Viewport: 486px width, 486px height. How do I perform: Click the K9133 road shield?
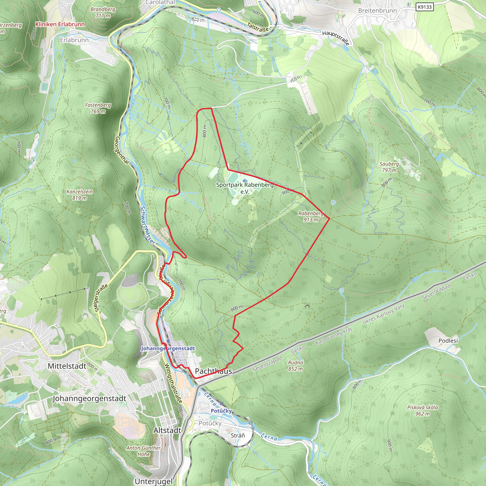click(425, 7)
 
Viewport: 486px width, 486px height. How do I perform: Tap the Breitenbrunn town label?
click(377, 11)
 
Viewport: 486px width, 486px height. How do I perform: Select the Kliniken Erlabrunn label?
click(60, 24)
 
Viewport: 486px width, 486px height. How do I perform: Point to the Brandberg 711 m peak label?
click(103, 12)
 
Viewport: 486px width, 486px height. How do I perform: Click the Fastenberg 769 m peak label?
click(98, 108)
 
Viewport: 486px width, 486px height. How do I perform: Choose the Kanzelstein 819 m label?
click(79, 195)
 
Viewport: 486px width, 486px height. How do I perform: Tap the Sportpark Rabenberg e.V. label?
click(245, 188)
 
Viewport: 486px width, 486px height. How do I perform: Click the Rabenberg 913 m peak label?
click(311, 216)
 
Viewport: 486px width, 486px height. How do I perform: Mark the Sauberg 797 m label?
click(389, 167)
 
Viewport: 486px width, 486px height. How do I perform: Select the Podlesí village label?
click(448, 341)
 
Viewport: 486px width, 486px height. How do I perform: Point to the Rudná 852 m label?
click(296, 365)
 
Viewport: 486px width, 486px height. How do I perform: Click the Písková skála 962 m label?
click(423, 410)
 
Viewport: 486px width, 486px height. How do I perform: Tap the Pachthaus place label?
click(213, 371)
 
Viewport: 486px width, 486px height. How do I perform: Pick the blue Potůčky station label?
click(221, 411)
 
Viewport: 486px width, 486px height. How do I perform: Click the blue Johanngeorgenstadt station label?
click(168, 348)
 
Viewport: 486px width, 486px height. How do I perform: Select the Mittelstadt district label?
click(67, 366)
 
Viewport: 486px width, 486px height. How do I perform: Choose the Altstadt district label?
click(167, 430)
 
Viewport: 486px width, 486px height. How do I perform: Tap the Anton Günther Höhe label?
click(143, 451)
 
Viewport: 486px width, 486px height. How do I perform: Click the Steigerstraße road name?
click(102, 298)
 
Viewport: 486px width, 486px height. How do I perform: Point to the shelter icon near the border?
click(307, 306)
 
